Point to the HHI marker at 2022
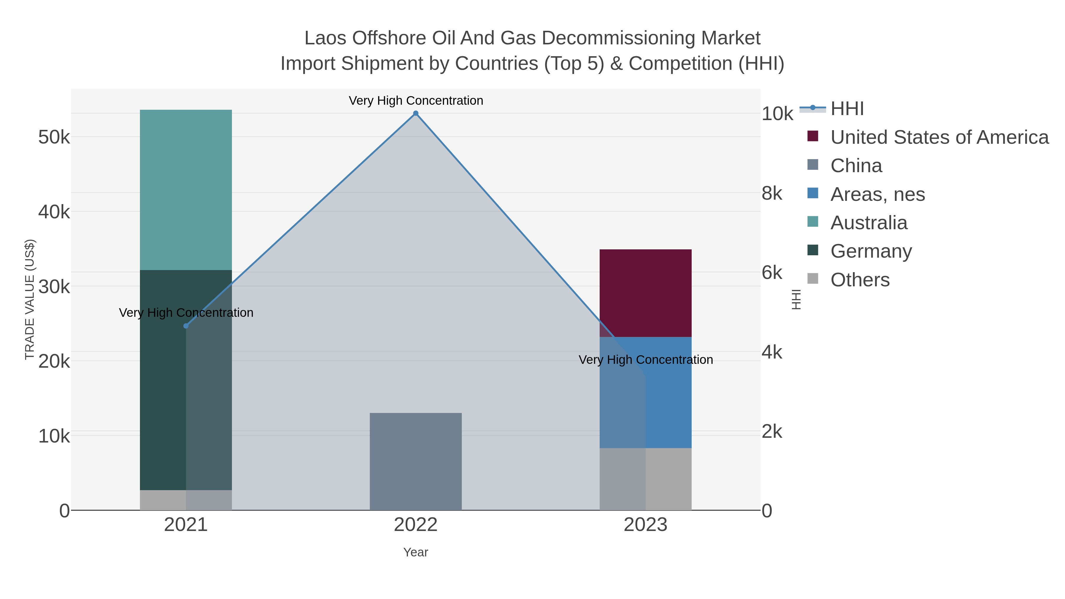416,113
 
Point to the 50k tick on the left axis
54,137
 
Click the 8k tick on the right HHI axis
772,193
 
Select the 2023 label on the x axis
646,524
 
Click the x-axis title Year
416,552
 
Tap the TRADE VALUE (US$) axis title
30,299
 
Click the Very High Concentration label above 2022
416,101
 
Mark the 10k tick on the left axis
54,436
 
